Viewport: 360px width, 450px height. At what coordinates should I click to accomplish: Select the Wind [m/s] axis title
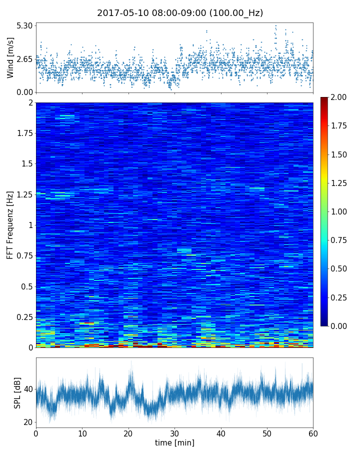tap(10, 59)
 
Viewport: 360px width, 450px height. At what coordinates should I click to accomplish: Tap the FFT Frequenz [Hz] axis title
tap(10, 225)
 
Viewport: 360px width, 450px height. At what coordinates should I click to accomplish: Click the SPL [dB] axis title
tap(18, 392)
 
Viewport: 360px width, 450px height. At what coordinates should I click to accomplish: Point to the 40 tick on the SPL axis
tap(28, 389)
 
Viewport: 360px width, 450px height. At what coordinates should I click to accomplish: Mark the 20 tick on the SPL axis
tap(28, 422)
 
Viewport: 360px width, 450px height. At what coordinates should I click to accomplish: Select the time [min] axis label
tap(174, 442)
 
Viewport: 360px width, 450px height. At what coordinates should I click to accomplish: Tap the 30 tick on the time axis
tap(174, 432)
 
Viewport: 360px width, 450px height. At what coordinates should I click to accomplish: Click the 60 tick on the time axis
tap(313, 432)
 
